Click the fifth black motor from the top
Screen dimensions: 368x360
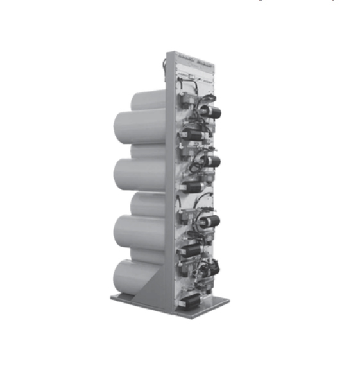click(209, 221)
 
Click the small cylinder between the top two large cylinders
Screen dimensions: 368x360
click(149, 151)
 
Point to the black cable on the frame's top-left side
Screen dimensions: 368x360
click(165, 65)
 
